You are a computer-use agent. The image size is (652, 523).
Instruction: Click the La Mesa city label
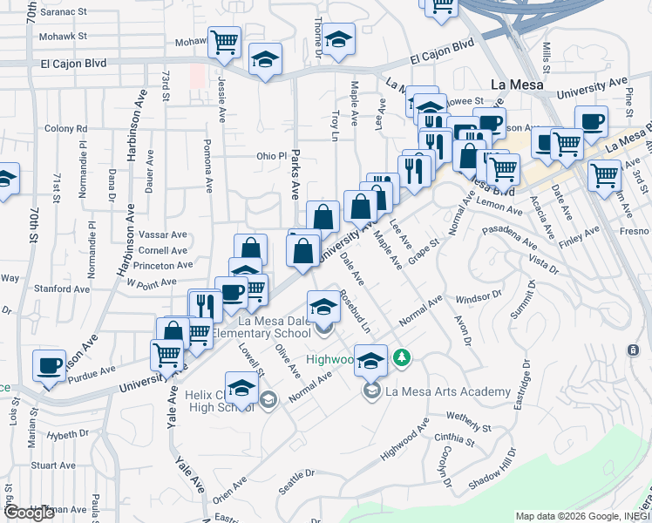click(517, 85)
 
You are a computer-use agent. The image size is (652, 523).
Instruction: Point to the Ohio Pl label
click(271, 156)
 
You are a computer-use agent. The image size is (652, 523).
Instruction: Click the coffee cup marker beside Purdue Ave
click(50, 365)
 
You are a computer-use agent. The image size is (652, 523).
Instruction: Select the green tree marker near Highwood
click(402, 357)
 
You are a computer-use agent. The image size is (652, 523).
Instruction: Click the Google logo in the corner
click(29, 513)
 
